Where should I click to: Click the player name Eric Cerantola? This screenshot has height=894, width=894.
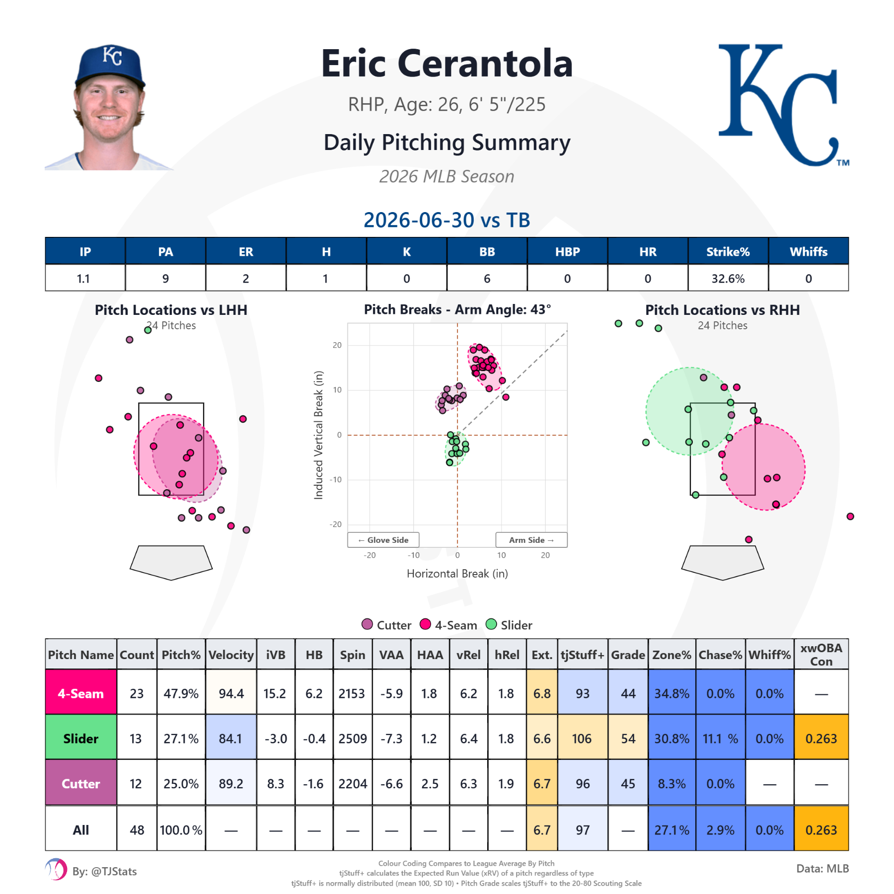click(x=447, y=64)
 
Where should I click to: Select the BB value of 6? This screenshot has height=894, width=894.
click(x=487, y=279)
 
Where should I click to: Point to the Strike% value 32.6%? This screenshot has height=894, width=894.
click(x=728, y=279)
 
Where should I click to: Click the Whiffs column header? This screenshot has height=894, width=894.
click(x=809, y=251)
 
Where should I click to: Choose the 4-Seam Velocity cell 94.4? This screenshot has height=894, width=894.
click(x=231, y=693)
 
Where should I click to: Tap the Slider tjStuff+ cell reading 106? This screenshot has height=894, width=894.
click(x=582, y=739)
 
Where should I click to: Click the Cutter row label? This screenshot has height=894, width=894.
click(x=81, y=784)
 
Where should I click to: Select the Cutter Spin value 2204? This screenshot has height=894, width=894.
click(x=353, y=784)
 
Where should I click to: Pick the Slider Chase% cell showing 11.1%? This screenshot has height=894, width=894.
click(x=720, y=739)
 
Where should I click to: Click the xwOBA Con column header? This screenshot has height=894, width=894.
click(x=821, y=655)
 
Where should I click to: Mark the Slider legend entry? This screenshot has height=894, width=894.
click(x=509, y=625)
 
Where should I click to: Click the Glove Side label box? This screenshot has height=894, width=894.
click(x=383, y=540)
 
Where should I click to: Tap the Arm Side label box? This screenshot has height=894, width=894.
click(x=531, y=540)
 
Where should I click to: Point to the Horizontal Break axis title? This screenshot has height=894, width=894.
click(x=457, y=574)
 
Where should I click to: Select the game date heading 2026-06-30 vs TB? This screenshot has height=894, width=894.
click(x=447, y=220)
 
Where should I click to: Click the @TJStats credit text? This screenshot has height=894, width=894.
click(x=105, y=872)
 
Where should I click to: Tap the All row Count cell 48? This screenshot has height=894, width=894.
click(x=137, y=830)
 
